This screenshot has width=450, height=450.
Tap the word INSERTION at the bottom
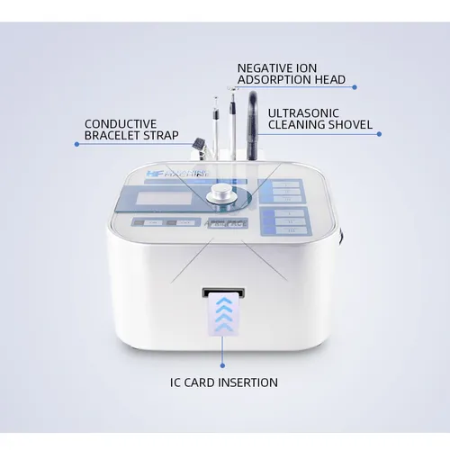pyautogui.click(x=245, y=382)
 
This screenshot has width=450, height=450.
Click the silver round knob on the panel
pyautogui.click(x=220, y=195)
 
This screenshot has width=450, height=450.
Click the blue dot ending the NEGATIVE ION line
pyautogui.click(x=355, y=86)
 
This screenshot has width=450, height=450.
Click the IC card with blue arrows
pyautogui.click(x=220, y=316)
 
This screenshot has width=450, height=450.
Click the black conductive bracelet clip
pyautogui.click(x=195, y=139)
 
